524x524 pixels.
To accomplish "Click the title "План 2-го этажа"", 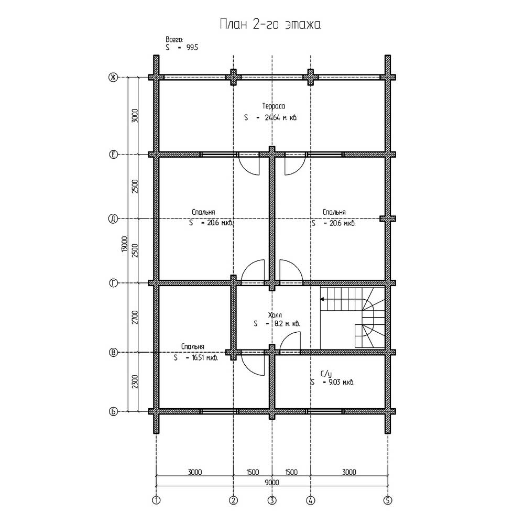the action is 270,25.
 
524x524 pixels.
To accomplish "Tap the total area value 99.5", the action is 192,48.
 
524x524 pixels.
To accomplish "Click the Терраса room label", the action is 274,106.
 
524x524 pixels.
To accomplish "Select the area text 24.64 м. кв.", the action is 281,117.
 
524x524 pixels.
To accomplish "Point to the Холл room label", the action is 275,315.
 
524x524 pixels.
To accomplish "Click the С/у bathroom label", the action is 326,374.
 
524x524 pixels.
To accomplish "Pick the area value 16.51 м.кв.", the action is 205,358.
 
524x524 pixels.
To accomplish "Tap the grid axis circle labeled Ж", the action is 113,78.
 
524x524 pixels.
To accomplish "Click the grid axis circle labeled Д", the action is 113,219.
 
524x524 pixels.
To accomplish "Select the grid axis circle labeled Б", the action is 113,411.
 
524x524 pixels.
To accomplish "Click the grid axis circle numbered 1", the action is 156,500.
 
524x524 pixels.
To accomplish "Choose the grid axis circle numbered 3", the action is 272,500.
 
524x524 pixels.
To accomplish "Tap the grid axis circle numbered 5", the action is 388,500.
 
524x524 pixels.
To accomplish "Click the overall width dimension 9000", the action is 271,482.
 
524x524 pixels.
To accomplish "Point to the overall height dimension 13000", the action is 124,244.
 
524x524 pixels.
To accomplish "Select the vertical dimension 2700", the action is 135,318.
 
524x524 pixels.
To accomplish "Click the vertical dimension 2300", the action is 135,381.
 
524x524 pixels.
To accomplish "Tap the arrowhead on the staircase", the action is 323,299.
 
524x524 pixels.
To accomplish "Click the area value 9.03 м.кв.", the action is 339,383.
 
